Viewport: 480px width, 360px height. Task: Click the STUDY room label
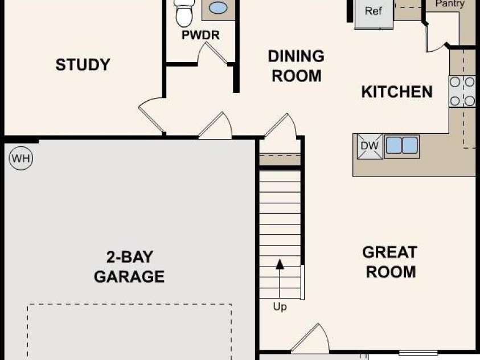tap(83, 64)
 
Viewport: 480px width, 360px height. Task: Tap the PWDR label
tap(200, 35)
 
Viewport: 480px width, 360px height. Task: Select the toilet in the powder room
tap(184, 13)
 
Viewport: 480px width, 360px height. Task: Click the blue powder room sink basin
tap(218, 8)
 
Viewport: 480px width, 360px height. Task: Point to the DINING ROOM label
tap(296, 66)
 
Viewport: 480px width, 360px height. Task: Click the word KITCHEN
tap(397, 92)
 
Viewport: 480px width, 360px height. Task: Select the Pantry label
tap(450, 3)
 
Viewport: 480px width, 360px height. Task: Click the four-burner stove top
tap(462, 91)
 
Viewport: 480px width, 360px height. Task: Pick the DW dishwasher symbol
tap(370, 146)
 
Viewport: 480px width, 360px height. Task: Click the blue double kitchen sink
tap(402, 145)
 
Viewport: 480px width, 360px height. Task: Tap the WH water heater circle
tap(21, 158)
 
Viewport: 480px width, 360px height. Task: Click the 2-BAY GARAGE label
tap(129, 267)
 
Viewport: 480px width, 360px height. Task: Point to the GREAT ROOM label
tap(390, 262)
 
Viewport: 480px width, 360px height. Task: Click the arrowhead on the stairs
tap(280, 264)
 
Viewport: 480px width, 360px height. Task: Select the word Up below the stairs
tap(280, 306)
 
